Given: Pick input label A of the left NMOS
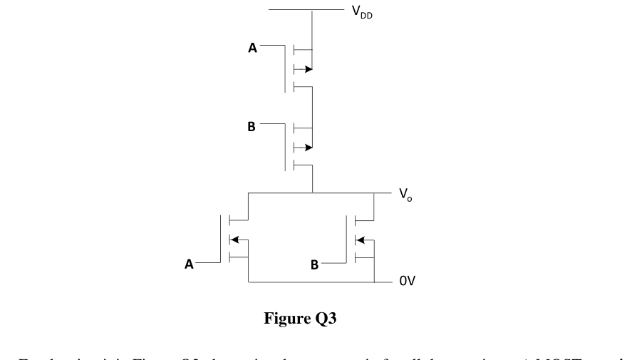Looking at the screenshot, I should click(x=189, y=264).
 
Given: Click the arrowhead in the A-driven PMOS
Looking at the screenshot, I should click(x=308, y=69).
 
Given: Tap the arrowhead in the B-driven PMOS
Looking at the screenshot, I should click(x=308, y=148).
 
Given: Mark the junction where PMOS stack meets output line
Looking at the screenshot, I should click(x=313, y=193).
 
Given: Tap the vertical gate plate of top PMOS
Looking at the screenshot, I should click(x=284, y=68).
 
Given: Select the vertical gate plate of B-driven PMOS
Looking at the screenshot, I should click(x=284, y=147).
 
